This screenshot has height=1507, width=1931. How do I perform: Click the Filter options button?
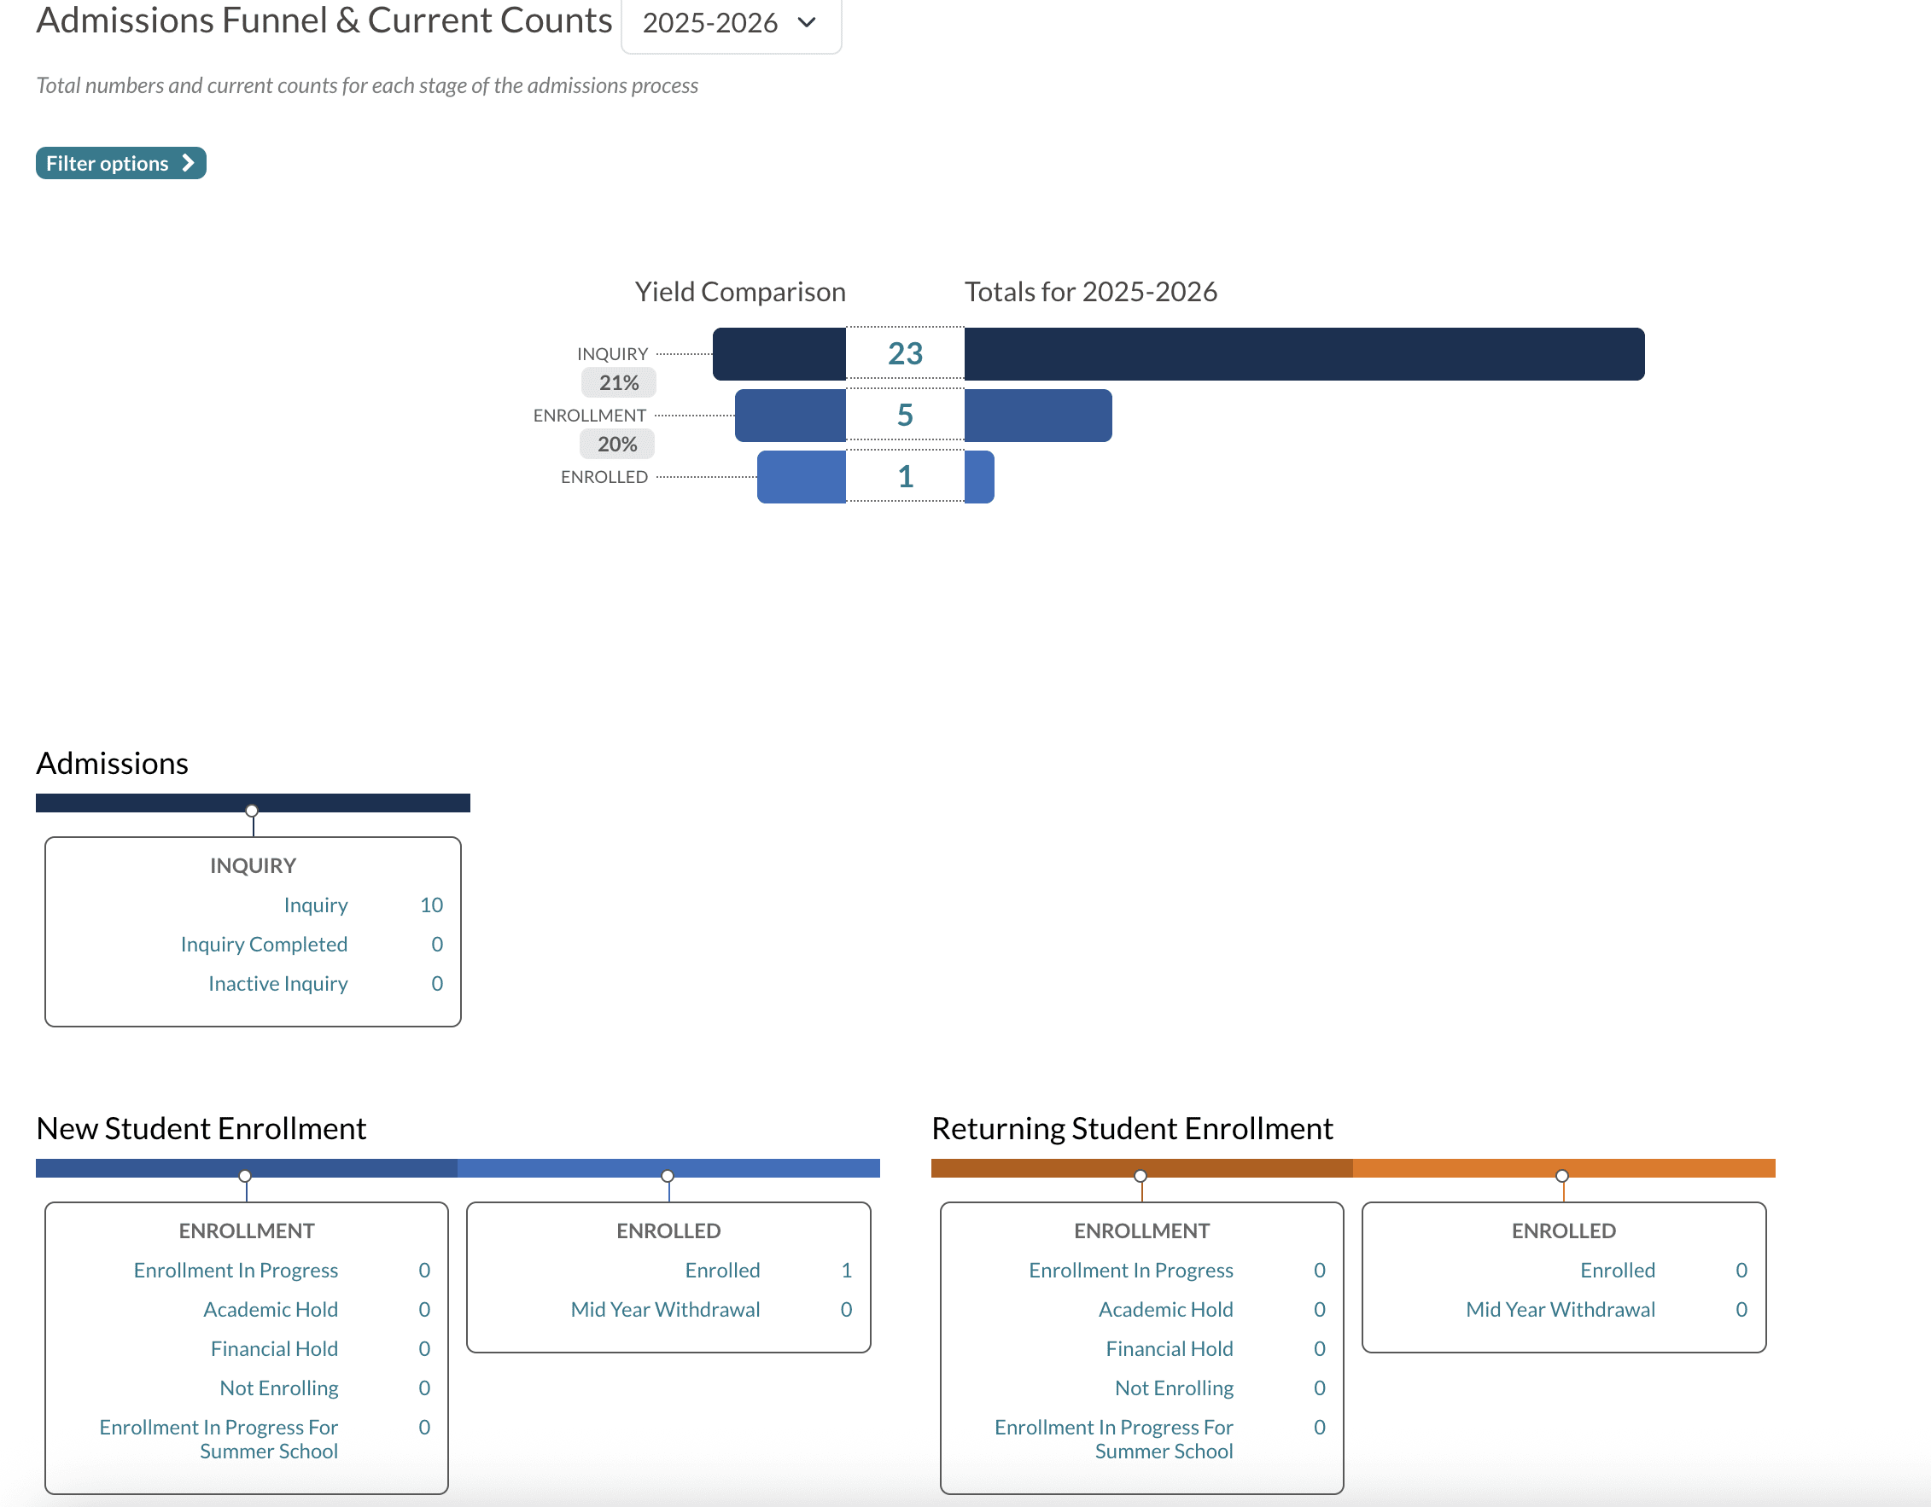point(120,164)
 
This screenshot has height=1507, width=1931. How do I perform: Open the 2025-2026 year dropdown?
point(731,24)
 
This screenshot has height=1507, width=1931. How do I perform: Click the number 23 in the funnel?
point(905,353)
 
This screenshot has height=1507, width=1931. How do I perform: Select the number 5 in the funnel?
point(905,416)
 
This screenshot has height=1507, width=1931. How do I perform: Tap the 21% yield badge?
point(618,382)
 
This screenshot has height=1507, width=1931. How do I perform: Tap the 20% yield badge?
point(617,445)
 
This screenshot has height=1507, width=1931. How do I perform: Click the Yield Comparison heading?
point(740,292)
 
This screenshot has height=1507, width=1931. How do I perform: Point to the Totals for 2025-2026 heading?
point(1090,292)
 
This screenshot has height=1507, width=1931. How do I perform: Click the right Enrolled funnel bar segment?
point(979,477)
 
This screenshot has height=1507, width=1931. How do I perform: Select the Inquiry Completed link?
point(264,944)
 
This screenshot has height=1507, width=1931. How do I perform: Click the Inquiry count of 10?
point(431,905)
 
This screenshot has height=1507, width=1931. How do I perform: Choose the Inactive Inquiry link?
point(277,984)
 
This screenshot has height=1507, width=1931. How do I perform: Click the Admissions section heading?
point(113,763)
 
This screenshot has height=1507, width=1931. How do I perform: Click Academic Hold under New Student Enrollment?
point(271,1310)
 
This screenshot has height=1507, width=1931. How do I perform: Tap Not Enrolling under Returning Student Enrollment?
point(1173,1388)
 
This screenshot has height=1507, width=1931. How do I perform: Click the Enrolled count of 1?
point(846,1270)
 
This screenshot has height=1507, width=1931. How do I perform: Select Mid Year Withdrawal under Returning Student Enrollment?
point(1560,1310)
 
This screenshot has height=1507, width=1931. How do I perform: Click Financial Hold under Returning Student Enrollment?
point(1169,1349)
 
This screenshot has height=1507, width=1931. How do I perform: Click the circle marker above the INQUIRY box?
point(252,811)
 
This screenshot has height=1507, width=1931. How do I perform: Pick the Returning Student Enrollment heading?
point(1132,1129)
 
